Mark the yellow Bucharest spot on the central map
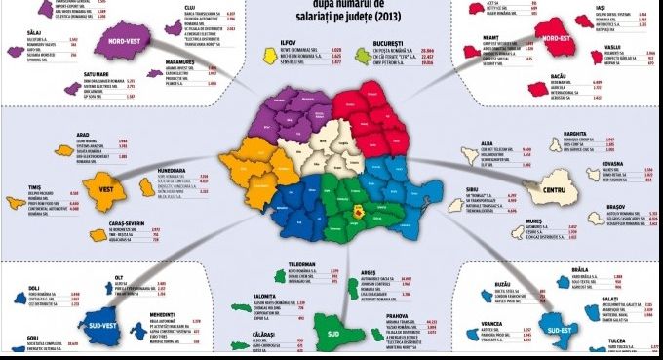(359, 211)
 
